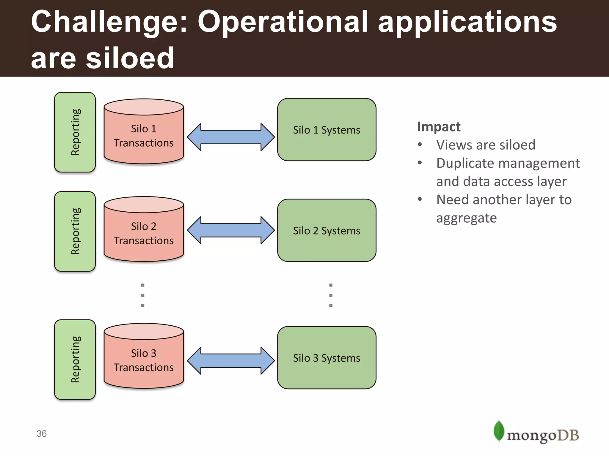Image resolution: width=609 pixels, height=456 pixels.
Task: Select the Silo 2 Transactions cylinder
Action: [x=144, y=233]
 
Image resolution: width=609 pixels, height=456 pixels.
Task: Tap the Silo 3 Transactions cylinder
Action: [x=144, y=360]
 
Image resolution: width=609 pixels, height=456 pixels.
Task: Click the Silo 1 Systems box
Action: [x=327, y=130]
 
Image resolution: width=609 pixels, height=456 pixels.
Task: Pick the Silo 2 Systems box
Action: [x=327, y=230]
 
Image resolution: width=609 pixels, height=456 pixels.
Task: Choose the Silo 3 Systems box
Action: [x=327, y=358]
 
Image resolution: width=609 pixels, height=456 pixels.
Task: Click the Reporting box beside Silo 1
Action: [x=75, y=132]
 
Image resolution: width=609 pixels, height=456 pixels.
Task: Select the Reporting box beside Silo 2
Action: [x=75, y=231]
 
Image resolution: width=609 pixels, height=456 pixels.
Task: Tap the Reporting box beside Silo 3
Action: [x=75, y=360]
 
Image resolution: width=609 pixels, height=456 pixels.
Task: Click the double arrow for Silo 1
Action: [x=231, y=137]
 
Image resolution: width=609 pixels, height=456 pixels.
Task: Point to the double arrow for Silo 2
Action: [x=231, y=230]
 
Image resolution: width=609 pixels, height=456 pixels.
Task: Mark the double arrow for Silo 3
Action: [x=231, y=361]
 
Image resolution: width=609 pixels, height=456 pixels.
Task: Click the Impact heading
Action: [x=439, y=127]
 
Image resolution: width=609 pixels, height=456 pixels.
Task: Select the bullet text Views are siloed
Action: [x=486, y=145]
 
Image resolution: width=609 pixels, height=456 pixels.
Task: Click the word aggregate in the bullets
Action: [x=466, y=218]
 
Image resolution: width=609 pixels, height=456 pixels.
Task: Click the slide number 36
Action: [x=42, y=434]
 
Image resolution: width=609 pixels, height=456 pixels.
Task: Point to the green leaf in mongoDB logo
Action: [x=499, y=431]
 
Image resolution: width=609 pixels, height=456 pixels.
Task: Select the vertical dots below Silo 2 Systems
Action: [x=331, y=295]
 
